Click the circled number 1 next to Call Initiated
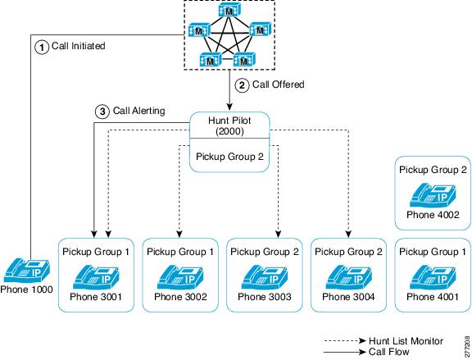coord(41,48)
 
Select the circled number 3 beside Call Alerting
coord(102,112)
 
